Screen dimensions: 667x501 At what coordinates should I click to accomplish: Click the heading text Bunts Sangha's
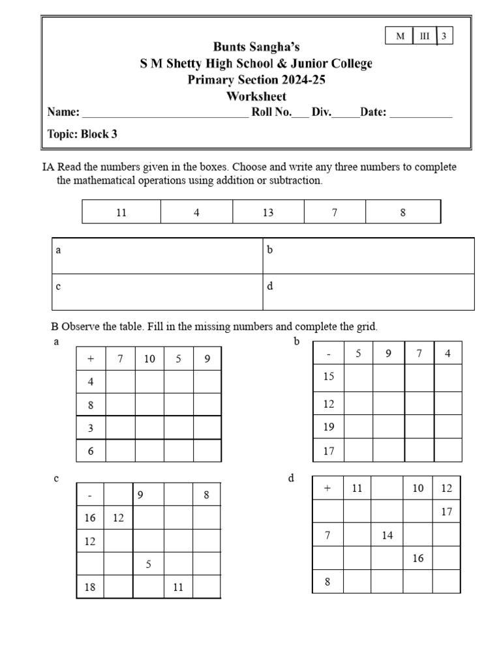257,47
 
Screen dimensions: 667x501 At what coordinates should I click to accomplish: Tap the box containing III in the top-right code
425,36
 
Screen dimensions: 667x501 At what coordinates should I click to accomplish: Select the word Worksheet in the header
256,96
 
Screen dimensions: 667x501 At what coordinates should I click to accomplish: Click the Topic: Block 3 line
82,134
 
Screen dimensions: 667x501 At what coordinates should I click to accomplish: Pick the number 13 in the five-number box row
267,212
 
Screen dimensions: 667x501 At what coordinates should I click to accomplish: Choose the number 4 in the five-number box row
196,212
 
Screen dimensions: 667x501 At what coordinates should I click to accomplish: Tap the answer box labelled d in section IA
369,292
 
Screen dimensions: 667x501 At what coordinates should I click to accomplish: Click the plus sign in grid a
91,359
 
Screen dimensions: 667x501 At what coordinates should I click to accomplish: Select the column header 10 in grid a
149,359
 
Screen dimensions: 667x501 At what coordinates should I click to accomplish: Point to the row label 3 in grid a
91,428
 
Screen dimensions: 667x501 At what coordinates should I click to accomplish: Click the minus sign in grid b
328,354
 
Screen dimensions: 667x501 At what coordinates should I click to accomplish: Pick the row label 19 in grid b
328,427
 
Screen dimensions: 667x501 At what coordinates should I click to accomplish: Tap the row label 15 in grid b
328,376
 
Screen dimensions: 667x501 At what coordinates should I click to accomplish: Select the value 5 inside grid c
149,564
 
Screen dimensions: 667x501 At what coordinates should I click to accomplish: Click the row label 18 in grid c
90,587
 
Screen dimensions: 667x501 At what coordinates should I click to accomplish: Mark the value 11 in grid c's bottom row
178,587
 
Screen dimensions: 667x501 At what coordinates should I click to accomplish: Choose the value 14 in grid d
387,535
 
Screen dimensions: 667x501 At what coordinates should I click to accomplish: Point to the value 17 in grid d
446,511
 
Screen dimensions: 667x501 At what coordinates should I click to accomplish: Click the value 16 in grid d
418,558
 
